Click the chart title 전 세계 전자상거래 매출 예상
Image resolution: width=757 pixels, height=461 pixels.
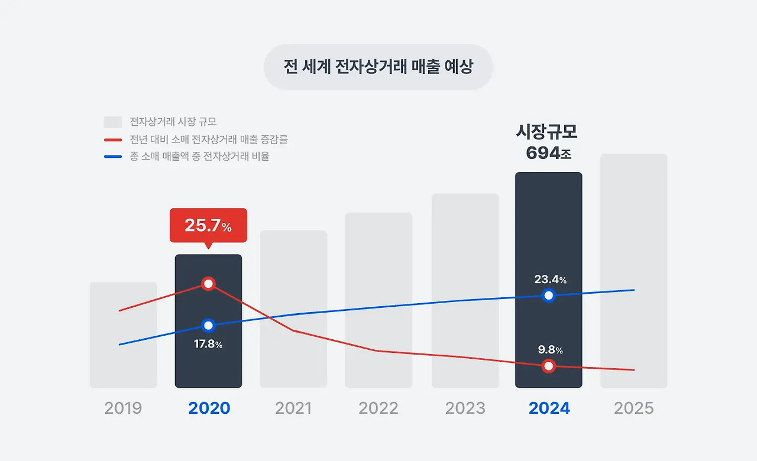(378, 67)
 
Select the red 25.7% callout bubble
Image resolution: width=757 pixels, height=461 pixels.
(208, 225)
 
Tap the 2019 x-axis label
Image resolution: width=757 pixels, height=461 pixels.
(123, 408)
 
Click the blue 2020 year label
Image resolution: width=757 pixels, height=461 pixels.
(209, 408)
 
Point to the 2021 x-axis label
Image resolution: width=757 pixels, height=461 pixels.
(293, 408)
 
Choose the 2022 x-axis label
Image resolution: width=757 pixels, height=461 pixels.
(378, 408)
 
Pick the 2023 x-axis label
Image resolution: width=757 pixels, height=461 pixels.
(465, 408)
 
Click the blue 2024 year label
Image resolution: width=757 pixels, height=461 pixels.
(549, 408)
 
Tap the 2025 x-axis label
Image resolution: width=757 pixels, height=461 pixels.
(633, 408)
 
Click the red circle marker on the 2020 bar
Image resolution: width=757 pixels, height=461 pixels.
(208, 284)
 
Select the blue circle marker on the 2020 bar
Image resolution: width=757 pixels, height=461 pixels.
(208, 326)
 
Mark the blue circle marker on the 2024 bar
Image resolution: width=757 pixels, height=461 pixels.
(549, 296)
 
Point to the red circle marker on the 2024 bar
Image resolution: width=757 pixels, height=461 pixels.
(549, 366)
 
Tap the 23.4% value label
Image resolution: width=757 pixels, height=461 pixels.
(550, 280)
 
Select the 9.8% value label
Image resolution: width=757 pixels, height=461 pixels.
(550, 350)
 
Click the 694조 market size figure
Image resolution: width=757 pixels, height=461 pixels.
(548, 153)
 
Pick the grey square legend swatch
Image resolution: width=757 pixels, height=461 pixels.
(112, 122)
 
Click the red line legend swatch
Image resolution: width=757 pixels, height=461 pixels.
(112, 140)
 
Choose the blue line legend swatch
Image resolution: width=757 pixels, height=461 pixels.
(112, 157)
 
